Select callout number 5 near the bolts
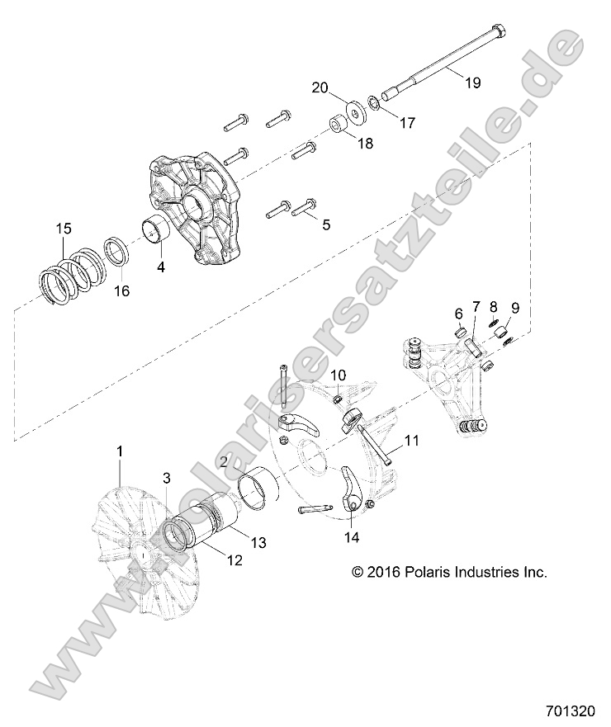pos(325,224)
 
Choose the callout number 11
pos(411,441)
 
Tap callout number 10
pos(339,375)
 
